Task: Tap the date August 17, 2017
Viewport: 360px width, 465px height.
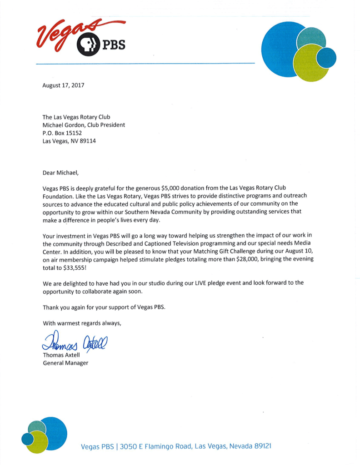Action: [x=63, y=85]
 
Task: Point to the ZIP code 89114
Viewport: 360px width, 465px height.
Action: [x=86, y=141]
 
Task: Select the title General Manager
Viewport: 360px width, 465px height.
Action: [x=65, y=363]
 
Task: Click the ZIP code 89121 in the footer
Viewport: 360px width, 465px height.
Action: [x=263, y=446]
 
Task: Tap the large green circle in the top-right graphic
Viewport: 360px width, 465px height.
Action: [x=311, y=64]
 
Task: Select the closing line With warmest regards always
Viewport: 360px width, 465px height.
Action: [x=82, y=323]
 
